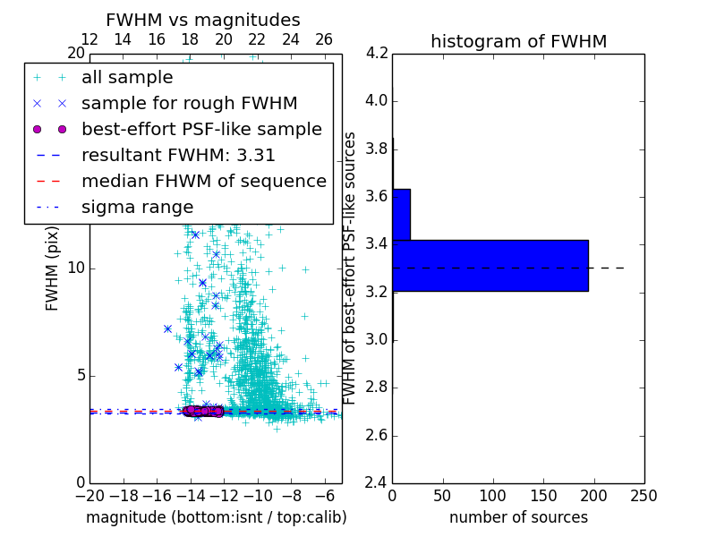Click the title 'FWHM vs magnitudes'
coord(202,20)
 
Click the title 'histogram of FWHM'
coord(518,41)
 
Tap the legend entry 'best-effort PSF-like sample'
coord(201,129)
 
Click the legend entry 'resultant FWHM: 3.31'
coord(178,155)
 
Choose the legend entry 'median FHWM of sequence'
coord(203,181)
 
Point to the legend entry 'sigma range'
coord(137,207)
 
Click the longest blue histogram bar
coord(490,265)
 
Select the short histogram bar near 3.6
coord(401,214)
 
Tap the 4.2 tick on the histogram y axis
coord(377,53)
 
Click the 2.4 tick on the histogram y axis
coord(377,483)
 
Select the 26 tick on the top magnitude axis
coord(324,39)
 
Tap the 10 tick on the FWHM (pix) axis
coord(77,268)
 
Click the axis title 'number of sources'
coord(518,517)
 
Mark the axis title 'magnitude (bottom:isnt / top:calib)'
coord(216,517)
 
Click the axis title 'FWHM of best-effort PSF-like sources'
coord(350,268)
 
